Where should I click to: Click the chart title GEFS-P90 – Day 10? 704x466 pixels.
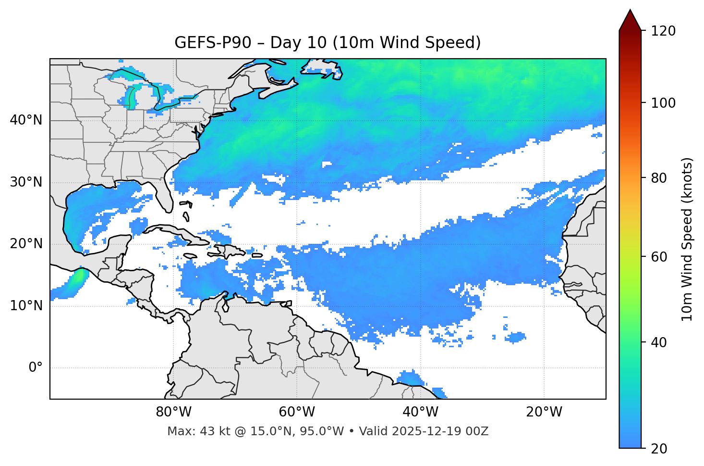[328, 43]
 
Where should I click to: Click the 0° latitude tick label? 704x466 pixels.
[36, 368]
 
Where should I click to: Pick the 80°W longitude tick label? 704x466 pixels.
[173, 412]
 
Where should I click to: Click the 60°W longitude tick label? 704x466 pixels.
[297, 412]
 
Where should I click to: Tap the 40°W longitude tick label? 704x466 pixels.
[420, 412]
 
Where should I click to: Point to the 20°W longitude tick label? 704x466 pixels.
[544, 412]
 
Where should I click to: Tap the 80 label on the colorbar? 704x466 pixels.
[661, 178]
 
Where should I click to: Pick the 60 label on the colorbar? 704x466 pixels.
[661, 257]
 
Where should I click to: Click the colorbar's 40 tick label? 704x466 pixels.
[661, 342]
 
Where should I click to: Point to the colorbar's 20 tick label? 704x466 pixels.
[661, 449]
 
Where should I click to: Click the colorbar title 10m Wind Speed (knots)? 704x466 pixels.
[687, 239]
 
